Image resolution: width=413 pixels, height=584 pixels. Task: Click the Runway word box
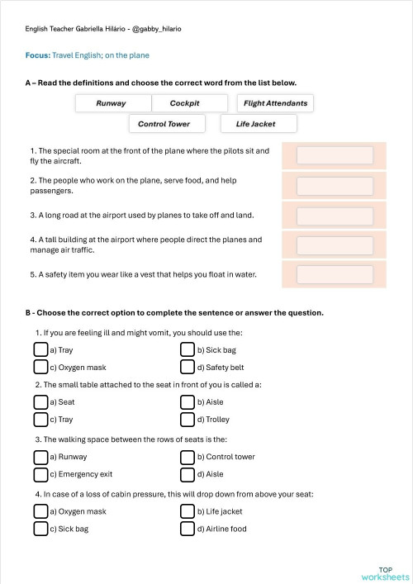coord(112,103)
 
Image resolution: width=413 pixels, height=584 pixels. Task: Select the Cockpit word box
coord(185,103)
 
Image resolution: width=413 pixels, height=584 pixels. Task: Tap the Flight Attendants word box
coord(276,103)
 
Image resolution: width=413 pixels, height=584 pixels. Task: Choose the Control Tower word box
coord(164,124)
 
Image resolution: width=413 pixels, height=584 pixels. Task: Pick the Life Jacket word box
coord(255,124)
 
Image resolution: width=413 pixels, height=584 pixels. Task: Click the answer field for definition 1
coord(335,155)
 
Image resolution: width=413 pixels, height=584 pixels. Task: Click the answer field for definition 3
coord(335,216)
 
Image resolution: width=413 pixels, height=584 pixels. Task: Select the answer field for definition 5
coord(335,274)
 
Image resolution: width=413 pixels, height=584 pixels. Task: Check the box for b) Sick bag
coord(188,350)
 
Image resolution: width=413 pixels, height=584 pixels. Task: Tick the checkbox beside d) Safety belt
coord(188,367)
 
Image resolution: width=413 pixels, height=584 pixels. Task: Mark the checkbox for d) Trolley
coord(188,419)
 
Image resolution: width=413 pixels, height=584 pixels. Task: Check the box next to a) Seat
coord(40,402)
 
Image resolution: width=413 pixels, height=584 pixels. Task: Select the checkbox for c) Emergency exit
coord(40,474)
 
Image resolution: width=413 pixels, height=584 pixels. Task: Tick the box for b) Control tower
coord(188,457)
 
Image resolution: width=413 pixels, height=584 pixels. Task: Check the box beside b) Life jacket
coord(188,511)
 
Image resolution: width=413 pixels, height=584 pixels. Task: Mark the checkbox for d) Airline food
coord(188,529)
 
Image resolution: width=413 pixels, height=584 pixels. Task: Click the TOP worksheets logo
coord(385,573)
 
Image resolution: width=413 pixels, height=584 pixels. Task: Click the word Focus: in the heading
coord(38,55)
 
